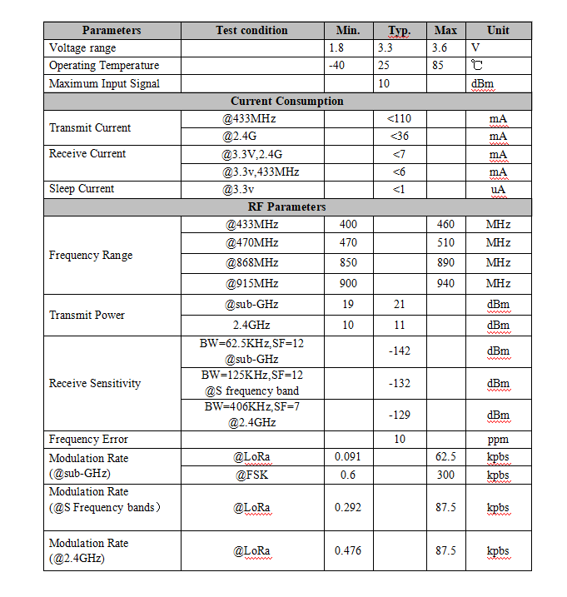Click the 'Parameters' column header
point(112,31)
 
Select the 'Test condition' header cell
point(251,31)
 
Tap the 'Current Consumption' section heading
point(286,101)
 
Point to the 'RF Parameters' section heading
point(286,206)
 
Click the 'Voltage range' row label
point(82,48)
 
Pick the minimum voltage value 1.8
point(336,48)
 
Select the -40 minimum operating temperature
point(336,66)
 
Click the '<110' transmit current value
point(399,119)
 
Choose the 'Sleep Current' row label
point(82,189)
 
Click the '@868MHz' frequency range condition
point(251,263)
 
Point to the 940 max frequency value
point(445,284)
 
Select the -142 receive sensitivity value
point(399,351)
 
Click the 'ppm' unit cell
point(498,440)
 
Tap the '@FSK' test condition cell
point(251,475)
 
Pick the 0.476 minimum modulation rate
point(348,551)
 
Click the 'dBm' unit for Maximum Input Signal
point(482,84)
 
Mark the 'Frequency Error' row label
point(88,440)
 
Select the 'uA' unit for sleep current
point(498,190)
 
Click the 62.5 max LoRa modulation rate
point(445,457)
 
